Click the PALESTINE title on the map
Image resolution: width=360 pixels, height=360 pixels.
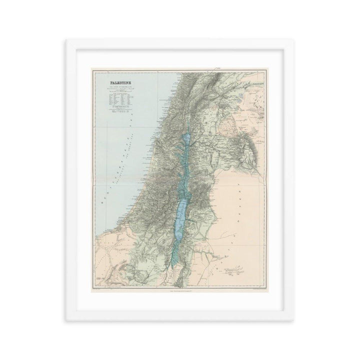(114, 77)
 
